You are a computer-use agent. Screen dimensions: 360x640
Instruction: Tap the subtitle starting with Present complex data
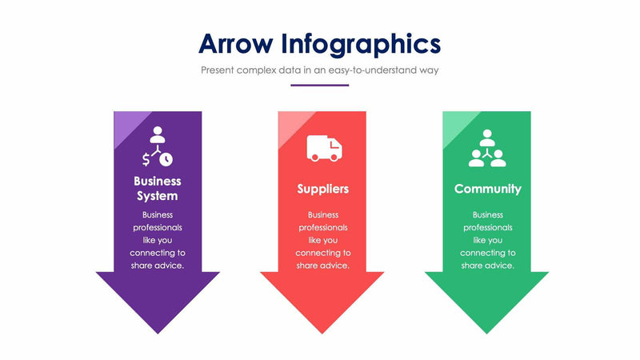(x=319, y=70)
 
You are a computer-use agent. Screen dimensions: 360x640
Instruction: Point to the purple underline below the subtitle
(x=319, y=84)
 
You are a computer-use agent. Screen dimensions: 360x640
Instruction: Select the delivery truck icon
(x=323, y=148)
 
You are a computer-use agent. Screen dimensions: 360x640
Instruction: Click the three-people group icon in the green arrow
(x=487, y=148)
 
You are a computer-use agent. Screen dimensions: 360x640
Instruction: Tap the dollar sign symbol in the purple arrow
(x=145, y=158)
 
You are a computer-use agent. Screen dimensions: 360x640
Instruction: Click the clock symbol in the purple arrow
(x=166, y=158)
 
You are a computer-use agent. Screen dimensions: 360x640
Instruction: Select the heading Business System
(x=158, y=189)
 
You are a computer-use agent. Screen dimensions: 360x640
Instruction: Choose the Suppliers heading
(x=322, y=189)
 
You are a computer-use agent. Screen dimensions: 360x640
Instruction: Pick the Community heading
(x=487, y=189)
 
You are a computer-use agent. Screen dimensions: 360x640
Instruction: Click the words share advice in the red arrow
(x=322, y=266)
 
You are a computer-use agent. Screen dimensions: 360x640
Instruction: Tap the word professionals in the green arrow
(x=487, y=227)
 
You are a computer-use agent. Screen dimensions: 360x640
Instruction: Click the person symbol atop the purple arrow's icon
(x=158, y=132)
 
